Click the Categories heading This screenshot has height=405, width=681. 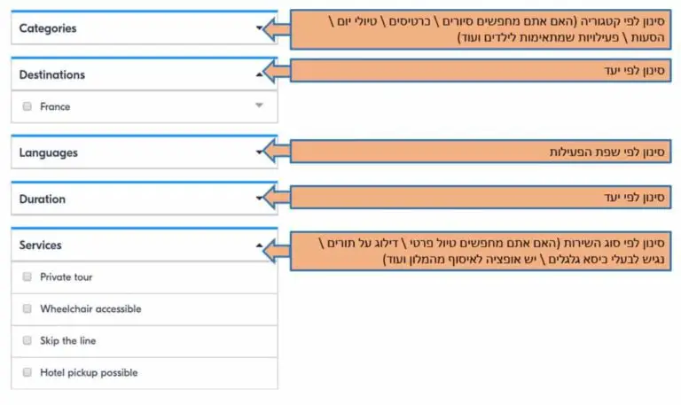48,28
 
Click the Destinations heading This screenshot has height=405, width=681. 52,74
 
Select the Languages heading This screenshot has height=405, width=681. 48,152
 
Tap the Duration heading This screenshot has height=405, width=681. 43,199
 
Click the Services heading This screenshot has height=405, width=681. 41,245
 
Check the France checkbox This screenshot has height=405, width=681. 27,106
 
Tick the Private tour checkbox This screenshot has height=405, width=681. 27,277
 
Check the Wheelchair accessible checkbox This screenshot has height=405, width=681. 27,308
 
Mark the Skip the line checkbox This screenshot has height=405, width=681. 27,340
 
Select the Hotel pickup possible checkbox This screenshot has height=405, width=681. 27,372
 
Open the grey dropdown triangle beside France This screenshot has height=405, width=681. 259,105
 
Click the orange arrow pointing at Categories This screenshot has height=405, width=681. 277,29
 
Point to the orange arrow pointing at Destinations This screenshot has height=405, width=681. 277,71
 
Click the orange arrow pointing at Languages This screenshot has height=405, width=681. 277,151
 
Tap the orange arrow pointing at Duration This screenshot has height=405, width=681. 277,197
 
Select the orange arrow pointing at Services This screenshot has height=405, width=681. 277,251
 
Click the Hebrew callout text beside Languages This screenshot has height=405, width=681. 607,152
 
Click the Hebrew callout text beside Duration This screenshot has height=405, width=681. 634,198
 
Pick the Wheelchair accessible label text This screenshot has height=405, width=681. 90,308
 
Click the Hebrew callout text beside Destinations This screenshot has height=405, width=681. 634,70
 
